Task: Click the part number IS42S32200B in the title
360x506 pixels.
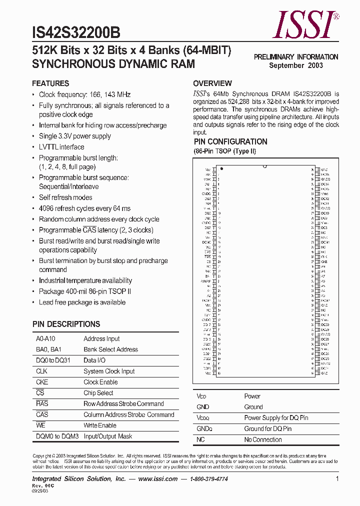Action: pyautogui.click(x=76, y=32)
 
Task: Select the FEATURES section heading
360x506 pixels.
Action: pyautogui.click(x=50, y=83)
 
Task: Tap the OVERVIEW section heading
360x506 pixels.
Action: pyautogui.click(x=212, y=83)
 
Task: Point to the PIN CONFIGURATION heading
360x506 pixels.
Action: pyautogui.click(x=230, y=142)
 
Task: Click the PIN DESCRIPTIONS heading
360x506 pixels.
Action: pyautogui.click(x=66, y=324)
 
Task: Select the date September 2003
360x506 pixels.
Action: pyautogui.click(x=296, y=65)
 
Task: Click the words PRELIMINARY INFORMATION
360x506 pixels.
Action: pyautogui.click(x=296, y=57)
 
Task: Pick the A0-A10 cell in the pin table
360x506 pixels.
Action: pyautogui.click(x=45, y=338)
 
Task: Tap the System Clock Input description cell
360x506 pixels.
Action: pyautogui.click(x=109, y=371)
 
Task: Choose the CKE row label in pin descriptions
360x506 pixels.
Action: pyautogui.click(x=41, y=382)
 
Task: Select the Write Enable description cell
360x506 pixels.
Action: pyautogui.click(x=100, y=425)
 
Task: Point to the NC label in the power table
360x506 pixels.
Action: pyautogui.click(x=200, y=439)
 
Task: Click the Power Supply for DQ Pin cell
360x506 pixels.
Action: pyautogui.click(x=276, y=418)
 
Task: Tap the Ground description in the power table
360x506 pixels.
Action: pyautogui.click(x=253, y=407)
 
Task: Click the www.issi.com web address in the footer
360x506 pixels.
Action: pyautogui.click(x=157, y=479)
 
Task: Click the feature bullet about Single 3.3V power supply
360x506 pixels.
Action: pyautogui.click(x=75, y=136)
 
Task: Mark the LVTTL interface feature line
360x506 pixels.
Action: pyautogui.click(x=61, y=147)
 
